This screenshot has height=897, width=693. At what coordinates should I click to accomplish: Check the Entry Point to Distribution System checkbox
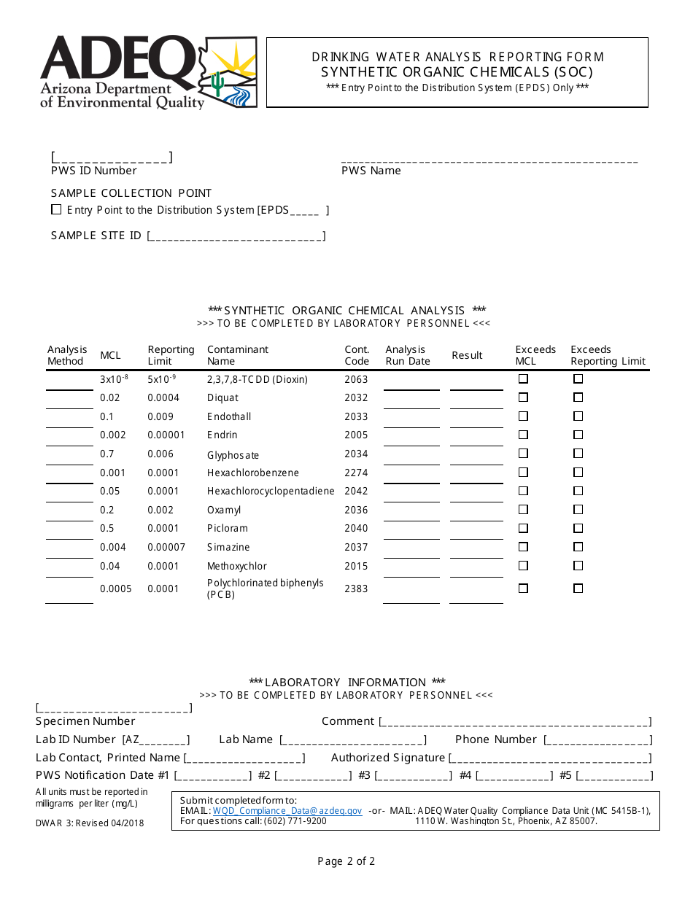point(56,210)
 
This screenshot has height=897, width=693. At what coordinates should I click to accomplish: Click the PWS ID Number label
point(93,171)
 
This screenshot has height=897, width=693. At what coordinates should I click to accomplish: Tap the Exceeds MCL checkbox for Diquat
point(523,397)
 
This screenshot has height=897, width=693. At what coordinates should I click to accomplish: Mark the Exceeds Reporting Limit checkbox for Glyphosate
point(578,454)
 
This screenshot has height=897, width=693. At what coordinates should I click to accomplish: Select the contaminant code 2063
point(356,379)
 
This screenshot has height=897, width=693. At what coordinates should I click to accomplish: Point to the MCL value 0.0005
point(116,589)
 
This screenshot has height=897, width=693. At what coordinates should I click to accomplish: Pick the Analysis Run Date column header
point(407,355)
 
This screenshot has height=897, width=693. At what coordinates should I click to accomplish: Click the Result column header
point(467,355)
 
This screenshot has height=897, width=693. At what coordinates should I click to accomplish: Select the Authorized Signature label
point(388,758)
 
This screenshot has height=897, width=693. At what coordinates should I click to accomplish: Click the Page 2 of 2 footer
point(346,861)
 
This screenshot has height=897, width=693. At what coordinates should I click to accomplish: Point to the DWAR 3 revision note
point(90,823)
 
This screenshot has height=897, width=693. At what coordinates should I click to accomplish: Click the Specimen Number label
point(85,721)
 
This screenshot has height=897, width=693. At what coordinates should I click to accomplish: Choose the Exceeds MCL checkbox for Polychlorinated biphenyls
point(523,589)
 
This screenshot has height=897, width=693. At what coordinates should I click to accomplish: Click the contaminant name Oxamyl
point(223,510)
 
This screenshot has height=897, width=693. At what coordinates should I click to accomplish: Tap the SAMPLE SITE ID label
point(96,236)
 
